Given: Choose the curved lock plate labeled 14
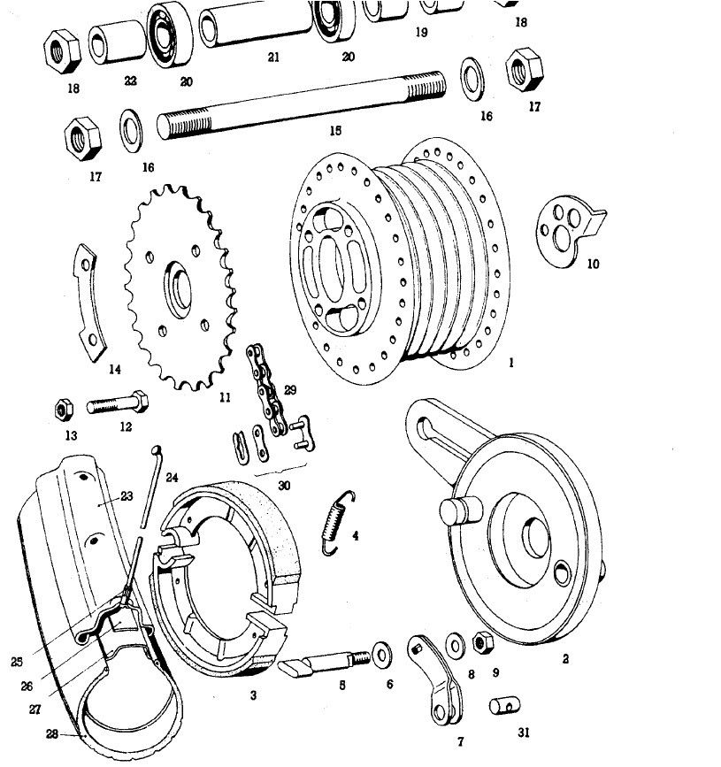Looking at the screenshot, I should point(89,305).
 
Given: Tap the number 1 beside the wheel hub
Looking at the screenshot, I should point(510,363).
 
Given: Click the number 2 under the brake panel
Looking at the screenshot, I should point(565,658).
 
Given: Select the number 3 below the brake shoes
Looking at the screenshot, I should point(253,695).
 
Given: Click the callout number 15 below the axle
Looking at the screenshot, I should point(334,131).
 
